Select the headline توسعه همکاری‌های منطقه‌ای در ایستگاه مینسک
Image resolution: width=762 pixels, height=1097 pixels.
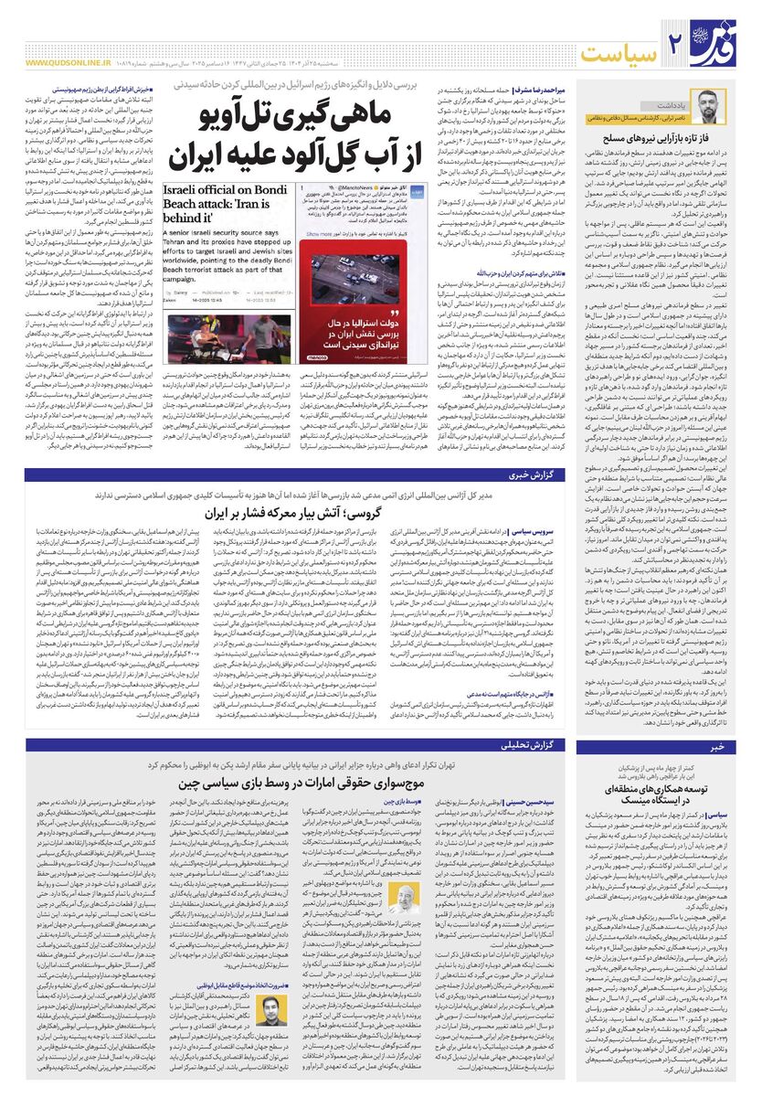(661, 793)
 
